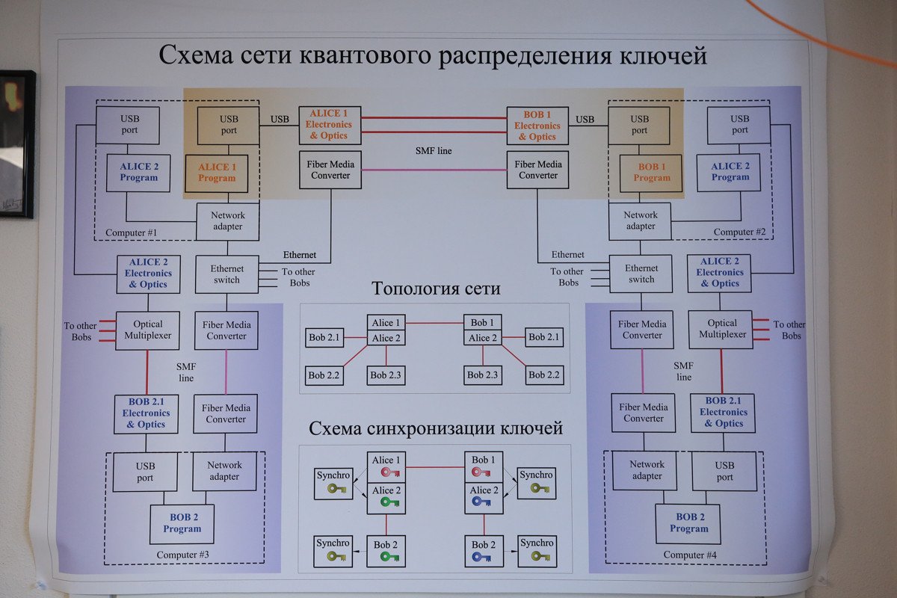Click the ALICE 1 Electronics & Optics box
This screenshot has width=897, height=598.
coord(329,125)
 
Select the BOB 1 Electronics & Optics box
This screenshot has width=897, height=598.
coord(537,126)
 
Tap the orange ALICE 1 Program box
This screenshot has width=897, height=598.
coord(217,173)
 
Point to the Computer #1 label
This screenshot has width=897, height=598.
coord(131,233)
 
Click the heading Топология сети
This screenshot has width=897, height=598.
coord(436,289)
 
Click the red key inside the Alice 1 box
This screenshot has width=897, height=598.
coord(390,472)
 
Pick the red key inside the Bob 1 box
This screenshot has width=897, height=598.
coord(482,472)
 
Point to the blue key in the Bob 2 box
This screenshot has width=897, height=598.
coord(481,557)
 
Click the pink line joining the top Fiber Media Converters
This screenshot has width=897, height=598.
coord(434,170)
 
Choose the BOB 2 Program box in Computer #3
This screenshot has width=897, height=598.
coord(182,523)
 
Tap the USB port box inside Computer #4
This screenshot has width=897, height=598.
coord(724,470)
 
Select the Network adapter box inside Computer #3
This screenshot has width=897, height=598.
coord(224,470)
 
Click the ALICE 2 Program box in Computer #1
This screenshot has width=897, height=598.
coord(138,172)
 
